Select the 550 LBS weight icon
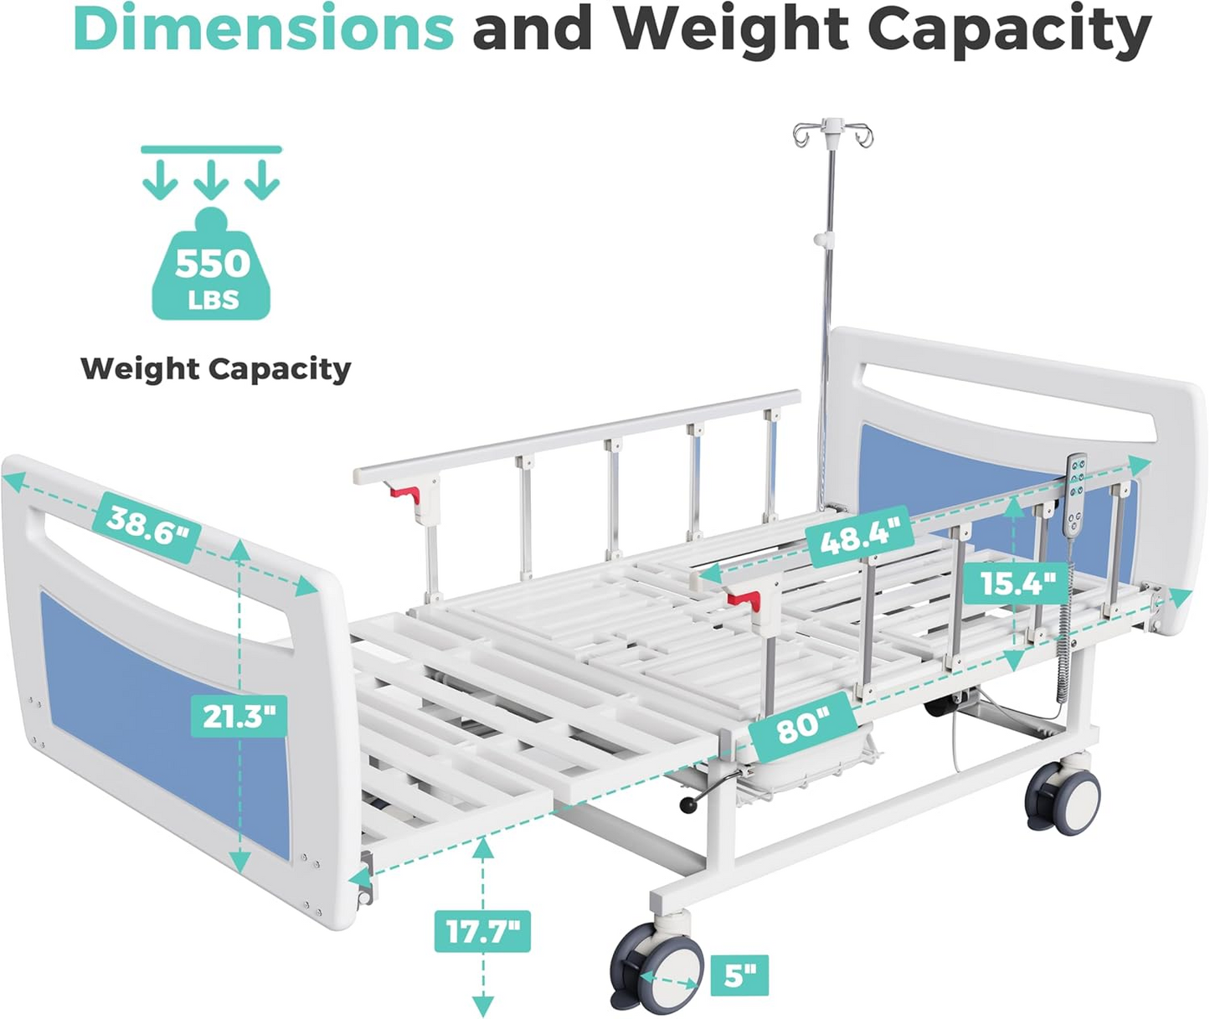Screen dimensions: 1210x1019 pyautogui.click(x=212, y=264)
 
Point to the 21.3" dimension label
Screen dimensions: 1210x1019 pyautogui.click(x=239, y=716)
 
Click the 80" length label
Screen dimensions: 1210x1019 pyautogui.click(x=802, y=728)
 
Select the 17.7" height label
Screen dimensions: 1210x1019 pyautogui.click(x=482, y=931)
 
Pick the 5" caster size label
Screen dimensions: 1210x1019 pyautogui.click(x=739, y=975)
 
